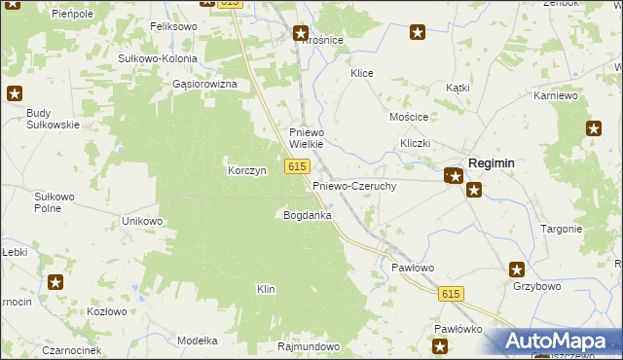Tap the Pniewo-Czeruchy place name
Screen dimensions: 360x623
(353, 185)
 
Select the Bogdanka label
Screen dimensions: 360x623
(307, 214)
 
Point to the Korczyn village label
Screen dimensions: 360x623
(247, 170)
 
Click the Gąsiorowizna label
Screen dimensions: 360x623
(204, 85)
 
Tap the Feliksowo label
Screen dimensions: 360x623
(174, 27)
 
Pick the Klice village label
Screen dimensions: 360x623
(362, 73)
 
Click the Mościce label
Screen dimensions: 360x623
(409, 117)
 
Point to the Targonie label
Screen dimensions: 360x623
(562, 229)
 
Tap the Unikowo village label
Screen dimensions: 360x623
(142, 221)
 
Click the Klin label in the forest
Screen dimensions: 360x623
(266, 289)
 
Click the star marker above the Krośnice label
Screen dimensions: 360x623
(301, 33)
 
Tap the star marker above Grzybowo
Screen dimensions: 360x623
(517, 270)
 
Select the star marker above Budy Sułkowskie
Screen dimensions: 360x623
(15, 93)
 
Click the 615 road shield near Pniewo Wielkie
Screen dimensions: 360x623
(298, 167)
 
